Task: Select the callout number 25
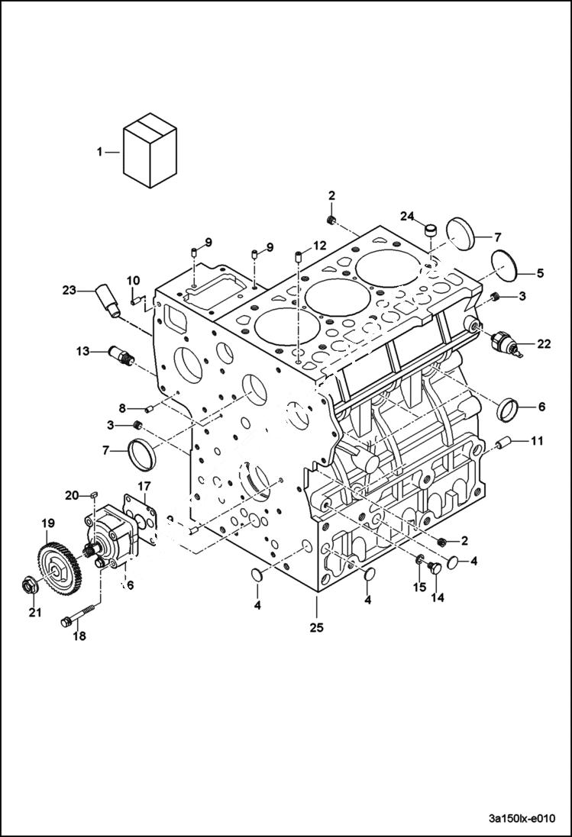coord(316,627)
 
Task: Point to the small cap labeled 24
coord(430,229)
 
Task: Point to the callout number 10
coord(133,280)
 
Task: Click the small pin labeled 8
coord(150,409)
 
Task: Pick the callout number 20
coord(73,496)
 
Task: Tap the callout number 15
coord(419,587)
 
